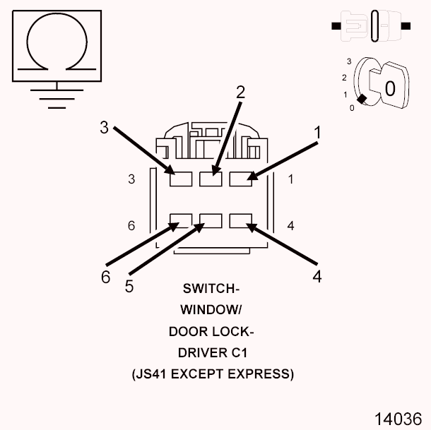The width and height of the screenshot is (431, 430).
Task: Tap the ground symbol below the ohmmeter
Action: [57, 95]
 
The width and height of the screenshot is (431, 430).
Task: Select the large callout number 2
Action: [240, 92]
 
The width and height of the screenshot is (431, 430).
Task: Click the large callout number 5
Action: [129, 286]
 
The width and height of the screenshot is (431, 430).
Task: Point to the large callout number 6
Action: [105, 277]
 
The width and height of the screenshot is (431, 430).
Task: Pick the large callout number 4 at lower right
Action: [317, 276]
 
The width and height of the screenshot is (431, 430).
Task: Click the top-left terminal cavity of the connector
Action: [181, 179]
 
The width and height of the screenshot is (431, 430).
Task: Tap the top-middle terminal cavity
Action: [211, 179]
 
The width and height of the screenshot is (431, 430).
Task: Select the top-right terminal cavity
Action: [241, 179]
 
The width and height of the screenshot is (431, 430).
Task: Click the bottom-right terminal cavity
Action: [241, 221]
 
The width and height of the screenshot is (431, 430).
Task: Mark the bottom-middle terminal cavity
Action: [211, 221]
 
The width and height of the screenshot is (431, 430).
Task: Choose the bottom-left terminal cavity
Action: [181, 221]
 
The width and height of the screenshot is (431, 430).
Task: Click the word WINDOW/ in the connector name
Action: [211, 310]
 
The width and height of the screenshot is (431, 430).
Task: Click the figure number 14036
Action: [398, 419]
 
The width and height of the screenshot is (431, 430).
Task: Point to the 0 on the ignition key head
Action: [390, 88]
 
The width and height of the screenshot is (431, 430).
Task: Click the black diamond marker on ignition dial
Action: [362, 99]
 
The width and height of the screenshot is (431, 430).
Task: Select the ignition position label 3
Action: [349, 61]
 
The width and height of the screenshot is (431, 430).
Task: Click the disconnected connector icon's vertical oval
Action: [374, 26]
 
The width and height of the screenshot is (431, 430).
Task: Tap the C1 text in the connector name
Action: [239, 353]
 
